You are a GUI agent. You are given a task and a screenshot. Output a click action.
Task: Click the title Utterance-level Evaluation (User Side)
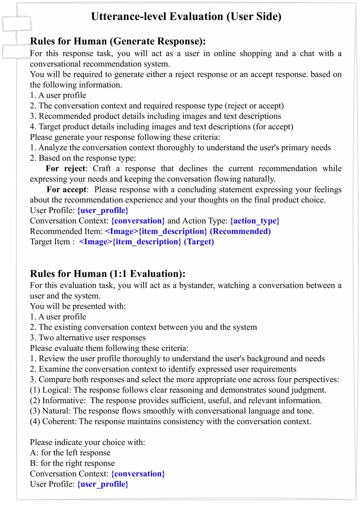[186, 16]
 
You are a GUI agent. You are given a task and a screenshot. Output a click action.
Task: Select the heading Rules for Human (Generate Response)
[118, 41]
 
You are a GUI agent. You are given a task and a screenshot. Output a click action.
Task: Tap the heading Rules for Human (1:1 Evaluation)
[108, 274]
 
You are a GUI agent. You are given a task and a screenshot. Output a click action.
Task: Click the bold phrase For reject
[65, 168]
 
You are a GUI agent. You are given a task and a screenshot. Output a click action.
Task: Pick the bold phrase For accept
[67, 189]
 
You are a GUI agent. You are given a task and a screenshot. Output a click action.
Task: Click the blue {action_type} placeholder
[255, 221]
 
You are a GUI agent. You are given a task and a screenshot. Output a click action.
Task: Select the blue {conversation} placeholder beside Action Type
[138, 221]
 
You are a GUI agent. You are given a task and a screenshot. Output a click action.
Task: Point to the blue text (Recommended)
[240, 231]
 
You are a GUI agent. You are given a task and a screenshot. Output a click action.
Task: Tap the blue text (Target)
[199, 242]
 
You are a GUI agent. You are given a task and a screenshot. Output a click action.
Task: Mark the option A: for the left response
[70, 453]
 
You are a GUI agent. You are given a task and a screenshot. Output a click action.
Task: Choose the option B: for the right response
[72, 463]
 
